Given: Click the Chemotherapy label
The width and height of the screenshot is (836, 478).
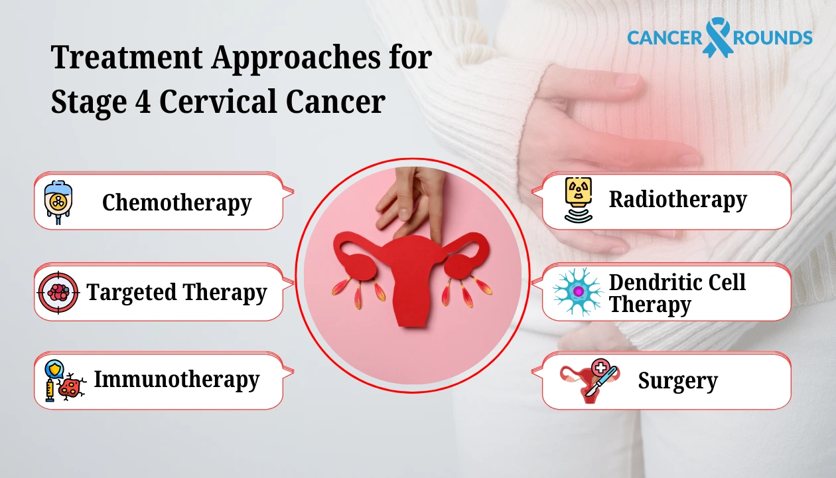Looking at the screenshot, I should click(x=176, y=202).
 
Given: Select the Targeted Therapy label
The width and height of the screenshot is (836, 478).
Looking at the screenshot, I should click(x=176, y=292).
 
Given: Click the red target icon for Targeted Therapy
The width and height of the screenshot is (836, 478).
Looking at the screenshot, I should click(x=58, y=292).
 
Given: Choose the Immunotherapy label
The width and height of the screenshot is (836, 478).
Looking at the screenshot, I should click(x=176, y=380).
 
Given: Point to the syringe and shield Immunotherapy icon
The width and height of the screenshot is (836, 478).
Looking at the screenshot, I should click(x=61, y=380).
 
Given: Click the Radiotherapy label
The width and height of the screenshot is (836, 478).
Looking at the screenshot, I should click(x=677, y=199).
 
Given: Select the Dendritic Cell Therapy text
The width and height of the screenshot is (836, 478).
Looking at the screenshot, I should click(x=677, y=293).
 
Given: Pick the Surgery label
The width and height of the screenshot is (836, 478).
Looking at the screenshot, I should click(x=677, y=381).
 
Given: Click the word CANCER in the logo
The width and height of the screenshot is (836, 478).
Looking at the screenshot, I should click(x=664, y=38).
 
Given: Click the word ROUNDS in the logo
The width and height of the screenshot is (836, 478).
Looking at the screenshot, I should click(x=773, y=38).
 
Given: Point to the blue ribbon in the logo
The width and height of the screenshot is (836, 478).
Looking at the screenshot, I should click(x=718, y=38).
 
